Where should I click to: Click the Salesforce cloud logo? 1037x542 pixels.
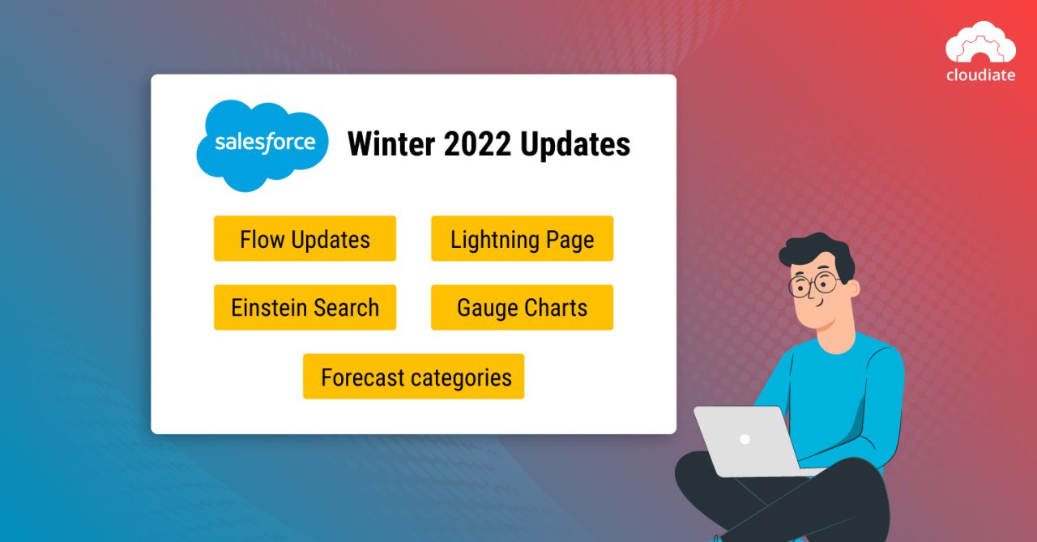262,145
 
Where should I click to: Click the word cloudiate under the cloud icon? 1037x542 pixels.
980,75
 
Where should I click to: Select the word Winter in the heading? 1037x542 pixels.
390,144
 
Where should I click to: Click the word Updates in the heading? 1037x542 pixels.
575,144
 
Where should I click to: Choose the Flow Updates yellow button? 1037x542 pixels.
305,239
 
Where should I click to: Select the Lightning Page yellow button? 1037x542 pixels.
522,239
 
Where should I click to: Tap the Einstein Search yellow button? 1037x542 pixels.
305,308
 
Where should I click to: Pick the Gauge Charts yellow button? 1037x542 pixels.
522,308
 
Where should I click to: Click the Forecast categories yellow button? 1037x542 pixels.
413,377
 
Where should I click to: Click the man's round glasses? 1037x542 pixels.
813,284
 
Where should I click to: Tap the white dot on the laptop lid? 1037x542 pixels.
745,439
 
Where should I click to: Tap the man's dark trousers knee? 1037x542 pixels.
705,478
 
